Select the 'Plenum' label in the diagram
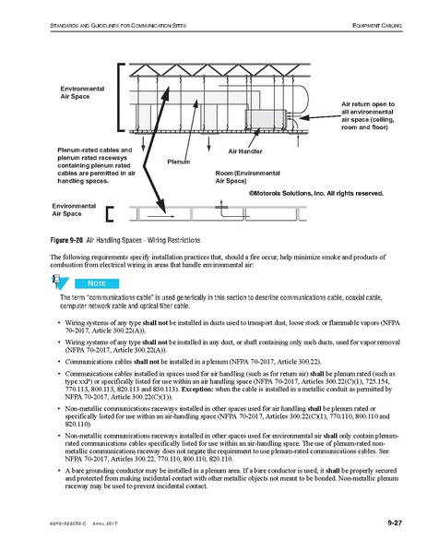[178, 161]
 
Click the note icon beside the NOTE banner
[61, 282]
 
